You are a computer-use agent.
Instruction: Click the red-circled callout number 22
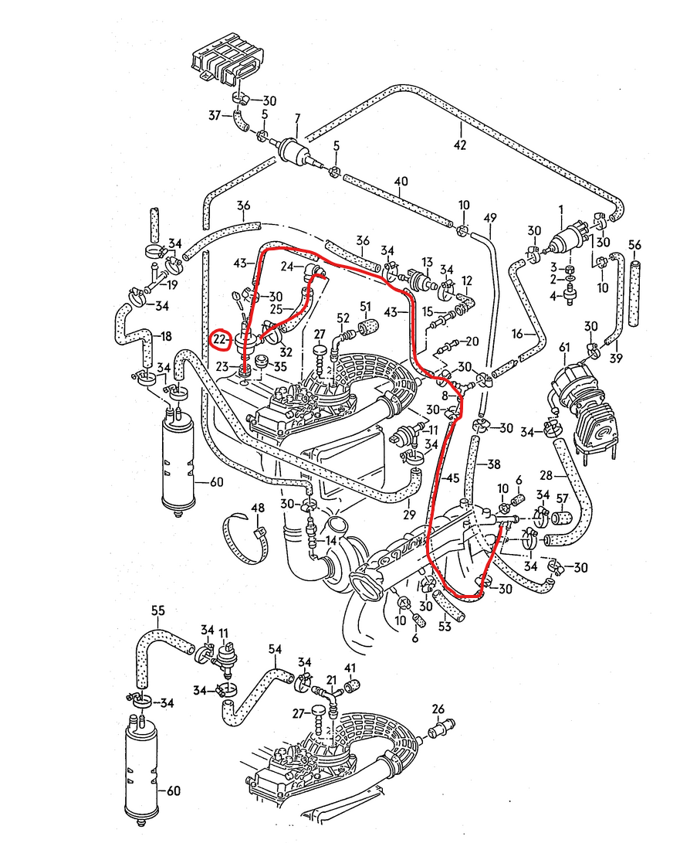tap(221, 339)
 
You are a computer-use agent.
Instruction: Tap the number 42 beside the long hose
tap(460, 145)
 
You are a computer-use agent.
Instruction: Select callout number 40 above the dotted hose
tap(401, 182)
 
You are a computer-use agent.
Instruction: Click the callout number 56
tap(634, 245)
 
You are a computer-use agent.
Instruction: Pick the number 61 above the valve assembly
tap(564, 348)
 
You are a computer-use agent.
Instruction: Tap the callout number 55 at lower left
tap(158, 611)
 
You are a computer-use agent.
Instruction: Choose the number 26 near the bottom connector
tap(438, 709)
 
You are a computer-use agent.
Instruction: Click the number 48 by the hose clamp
tap(257, 508)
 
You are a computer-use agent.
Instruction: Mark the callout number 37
tap(215, 115)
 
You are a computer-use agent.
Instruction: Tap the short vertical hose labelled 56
tap(634, 294)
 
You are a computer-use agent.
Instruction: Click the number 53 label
tap(445, 626)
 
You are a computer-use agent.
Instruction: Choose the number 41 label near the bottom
tap(350, 668)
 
